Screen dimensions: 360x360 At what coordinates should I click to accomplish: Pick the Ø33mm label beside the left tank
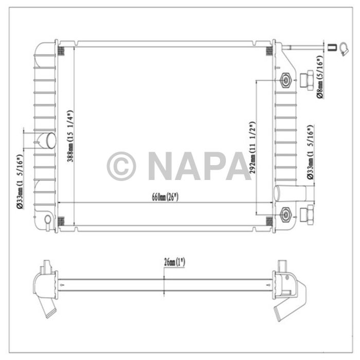[x=20, y=181]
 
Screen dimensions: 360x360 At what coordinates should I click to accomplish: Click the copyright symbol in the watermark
[x=121, y=166]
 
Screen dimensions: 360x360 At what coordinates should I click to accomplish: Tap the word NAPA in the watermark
[x=199, y=166]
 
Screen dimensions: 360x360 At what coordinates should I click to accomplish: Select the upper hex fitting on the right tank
[x=285, y=81]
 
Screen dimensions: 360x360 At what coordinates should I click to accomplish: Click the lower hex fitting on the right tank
[x=285, y=212]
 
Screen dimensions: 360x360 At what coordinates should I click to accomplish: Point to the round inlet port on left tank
[x=48, y=139]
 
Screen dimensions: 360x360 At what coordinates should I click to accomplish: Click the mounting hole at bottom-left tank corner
[x=47, y=221]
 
